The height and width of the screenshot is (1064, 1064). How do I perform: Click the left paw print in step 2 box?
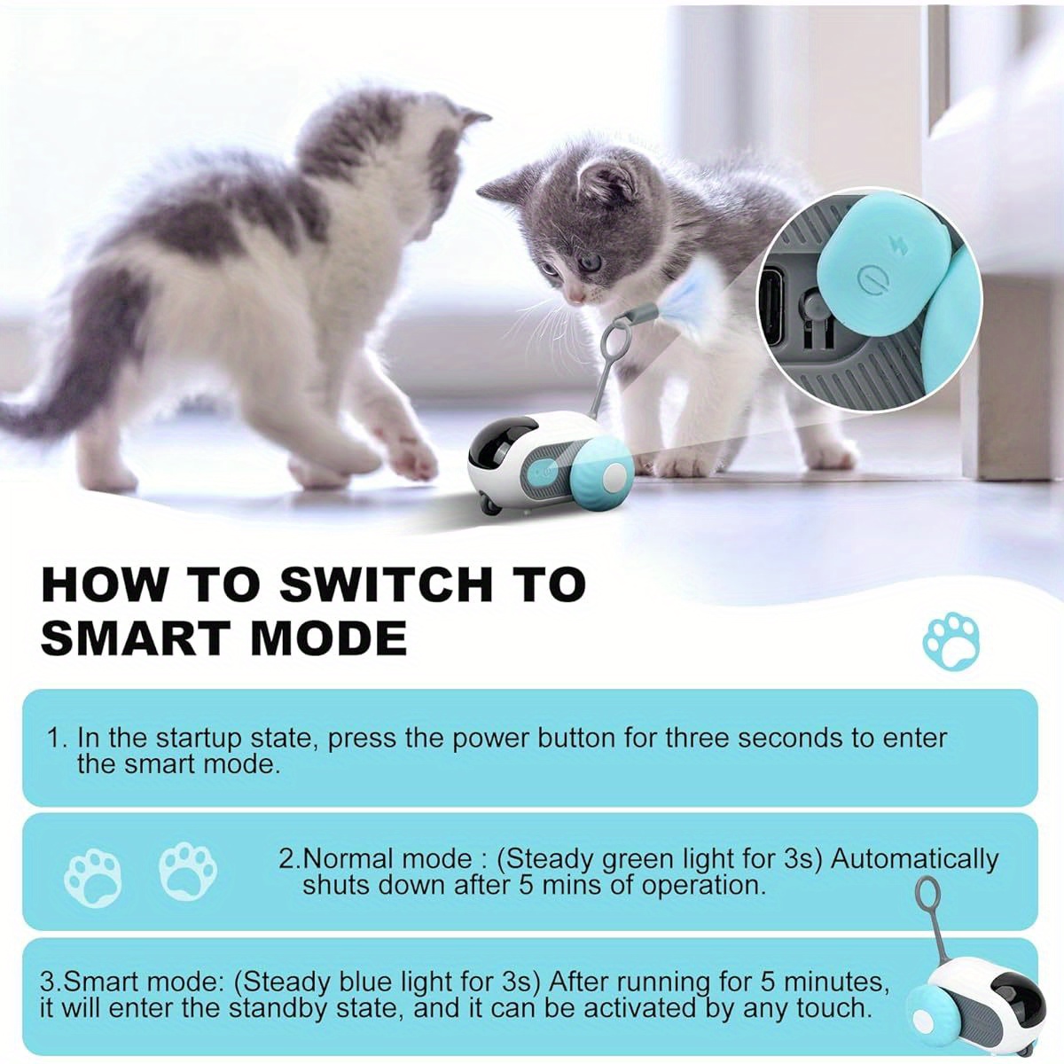coord(93,876)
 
